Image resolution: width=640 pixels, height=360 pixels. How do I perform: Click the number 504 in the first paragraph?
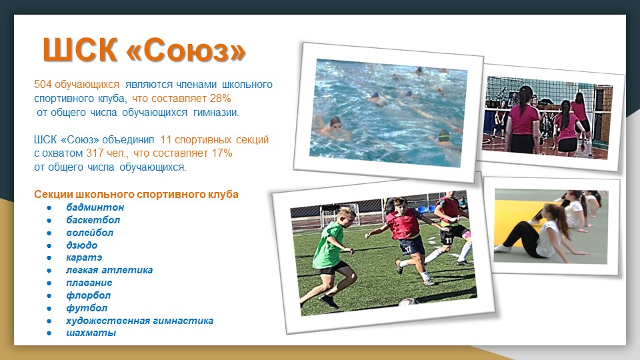(x=43, y=85)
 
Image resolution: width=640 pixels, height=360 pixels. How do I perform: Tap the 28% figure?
(x=221, y=99)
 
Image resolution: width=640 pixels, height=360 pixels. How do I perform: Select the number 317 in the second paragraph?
(x=94, y=153)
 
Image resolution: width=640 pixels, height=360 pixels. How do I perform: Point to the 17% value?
(x=222, y=153)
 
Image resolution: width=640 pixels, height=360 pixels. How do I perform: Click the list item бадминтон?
(x=95, y=207)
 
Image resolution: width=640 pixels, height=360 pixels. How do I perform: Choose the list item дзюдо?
(x=81, y=245)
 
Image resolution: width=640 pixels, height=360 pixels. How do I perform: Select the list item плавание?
(x=89, y=283)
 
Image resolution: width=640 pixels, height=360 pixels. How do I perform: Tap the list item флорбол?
(x=88, y=295)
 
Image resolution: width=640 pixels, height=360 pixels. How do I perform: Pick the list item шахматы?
(x=91, y=333)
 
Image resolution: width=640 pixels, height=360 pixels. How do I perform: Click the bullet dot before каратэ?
(x=49, y=258)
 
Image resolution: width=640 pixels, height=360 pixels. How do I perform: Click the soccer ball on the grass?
(x=408, y=302)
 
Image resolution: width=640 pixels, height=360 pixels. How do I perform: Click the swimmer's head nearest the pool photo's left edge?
(x=335, y=122)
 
